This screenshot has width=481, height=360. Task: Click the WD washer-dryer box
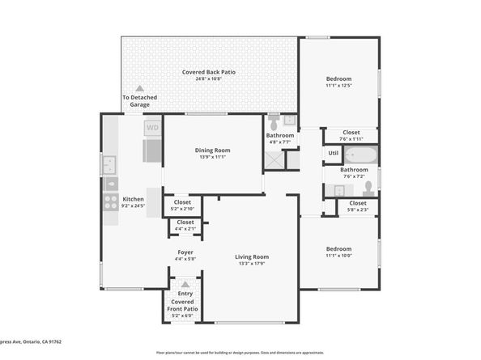pyautogui.click(x=152, y=127)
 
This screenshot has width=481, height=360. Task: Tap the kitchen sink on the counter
pyautogui.click(x=109, y=165)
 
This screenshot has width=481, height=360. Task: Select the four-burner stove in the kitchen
pyautogui.click(x=109, y=201)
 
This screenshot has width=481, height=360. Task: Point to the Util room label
pyautogui.click(x=333, y=152)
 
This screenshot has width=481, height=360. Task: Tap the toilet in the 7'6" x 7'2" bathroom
pyautogui.click(x=368, y=187)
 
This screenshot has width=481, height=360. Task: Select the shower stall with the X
pyautogui.click(x=274, y=159)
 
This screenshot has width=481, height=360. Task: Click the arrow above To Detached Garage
pyautogui.click(x=139, y=88)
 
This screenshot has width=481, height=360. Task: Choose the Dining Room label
pyautogui.click(x=212, y=150)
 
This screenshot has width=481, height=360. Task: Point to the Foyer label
pyautogui.click(x=185, y=252)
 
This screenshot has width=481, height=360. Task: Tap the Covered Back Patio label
pyautogui.click(x=208, y=72)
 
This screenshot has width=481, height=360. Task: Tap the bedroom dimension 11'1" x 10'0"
pyautogui.click(x=338, y=256)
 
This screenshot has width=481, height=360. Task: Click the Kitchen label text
pyautogui.click(x=133, y=199)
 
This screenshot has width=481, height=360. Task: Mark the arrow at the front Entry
pyautogui.click(x=185, y=284)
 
